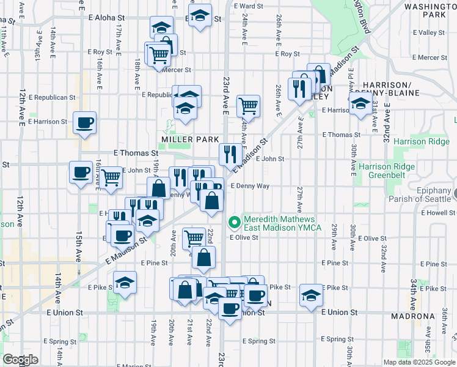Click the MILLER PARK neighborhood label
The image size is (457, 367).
[190, 139]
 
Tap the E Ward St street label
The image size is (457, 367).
[249, 6]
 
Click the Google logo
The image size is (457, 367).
[20, 360]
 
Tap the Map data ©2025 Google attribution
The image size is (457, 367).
[419, 362]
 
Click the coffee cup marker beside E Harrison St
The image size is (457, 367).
[84, 122]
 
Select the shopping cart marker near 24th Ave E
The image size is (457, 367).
[248, 105]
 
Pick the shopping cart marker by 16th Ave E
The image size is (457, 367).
[111, 177]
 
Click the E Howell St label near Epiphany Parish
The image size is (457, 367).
[438, 213]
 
